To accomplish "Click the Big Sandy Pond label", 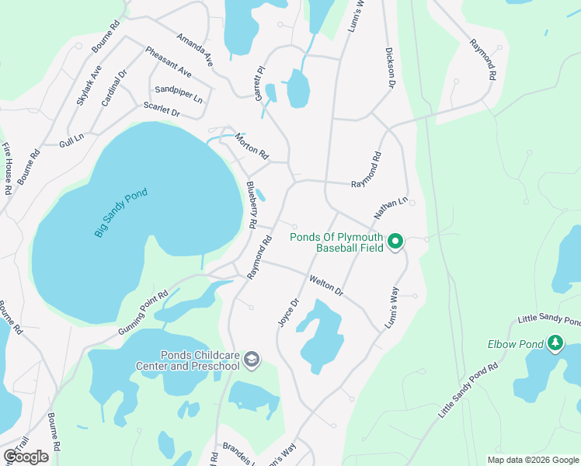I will pos(120,213).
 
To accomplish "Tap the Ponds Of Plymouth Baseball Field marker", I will pos(395,242).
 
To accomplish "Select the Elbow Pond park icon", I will pos(555,343).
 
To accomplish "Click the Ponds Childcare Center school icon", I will pos(251,360).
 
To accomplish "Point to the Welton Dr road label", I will pos(326,285).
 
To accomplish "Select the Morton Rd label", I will pos(252,143).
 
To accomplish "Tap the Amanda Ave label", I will pos(194,49).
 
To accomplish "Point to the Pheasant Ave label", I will pos(168,61).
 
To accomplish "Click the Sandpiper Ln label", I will pos(178,94).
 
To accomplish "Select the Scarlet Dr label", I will pos(161,111).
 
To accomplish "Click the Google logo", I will pos(26,457).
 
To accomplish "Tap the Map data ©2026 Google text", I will pos(533,460).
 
